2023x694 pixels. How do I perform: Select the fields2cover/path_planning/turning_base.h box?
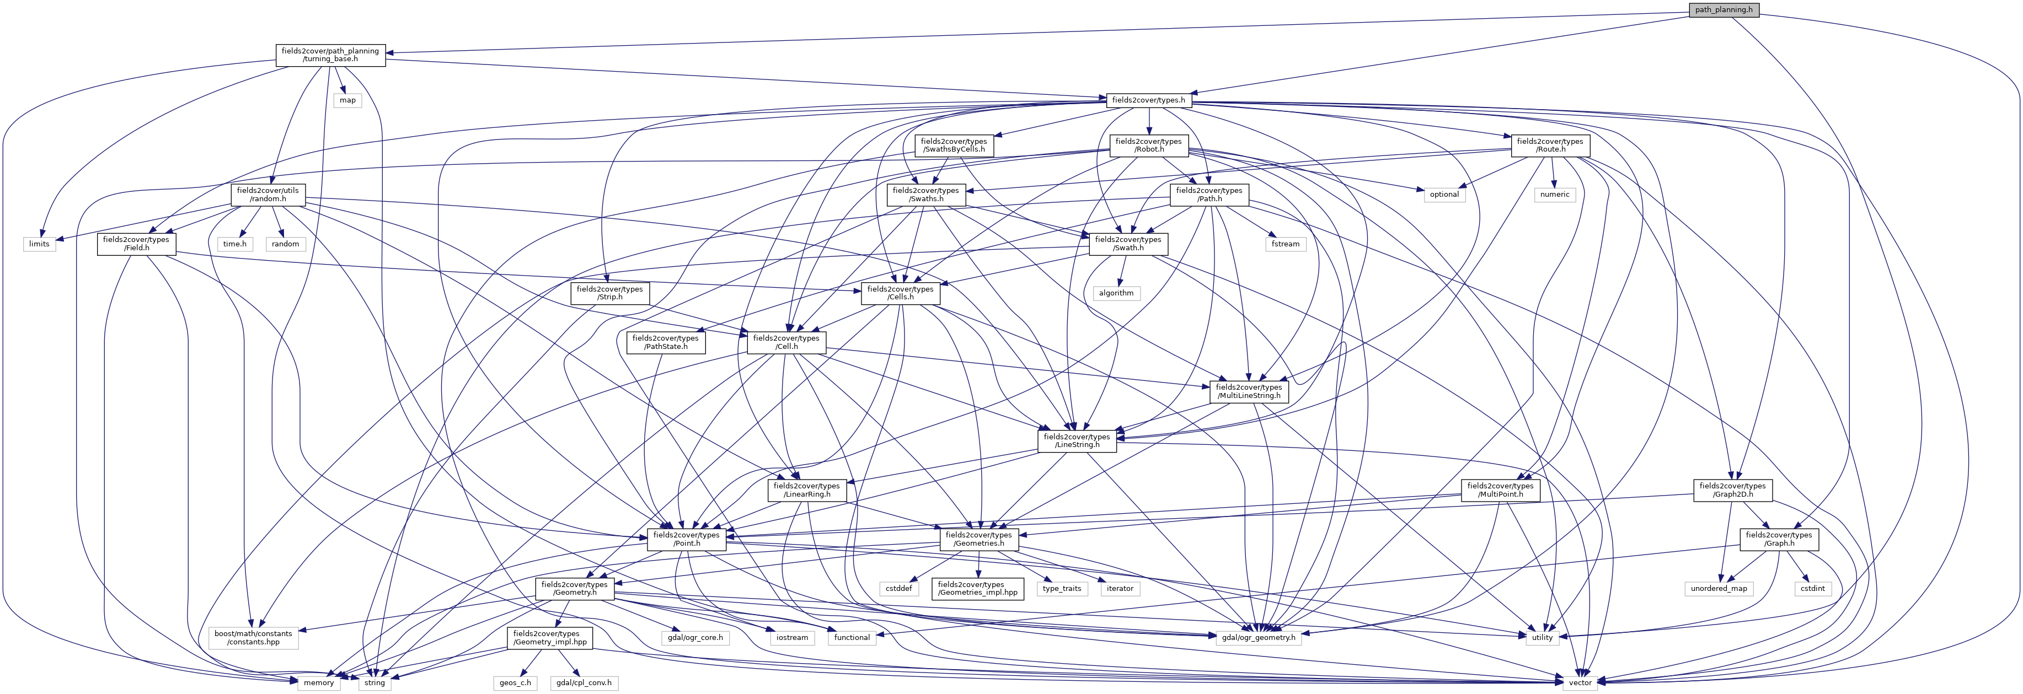(x=330, y=55)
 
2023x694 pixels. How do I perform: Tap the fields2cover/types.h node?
(x=1147, y=100)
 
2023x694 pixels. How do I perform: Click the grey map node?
(x=347, y=100)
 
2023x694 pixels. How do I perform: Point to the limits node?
(x=39, y=244)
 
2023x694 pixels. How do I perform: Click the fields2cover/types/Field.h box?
(x=136, y=244)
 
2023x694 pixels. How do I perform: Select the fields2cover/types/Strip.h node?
(x=609, y=293)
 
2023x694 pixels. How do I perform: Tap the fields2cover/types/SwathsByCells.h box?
(x=954, y=145)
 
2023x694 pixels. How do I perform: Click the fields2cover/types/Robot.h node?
(x=1148, y=145)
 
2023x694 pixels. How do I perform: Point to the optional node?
(x=1443, y=195)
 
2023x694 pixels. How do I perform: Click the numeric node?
(x=1554, y=195)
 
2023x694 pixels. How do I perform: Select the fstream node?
(x=1286, y=244)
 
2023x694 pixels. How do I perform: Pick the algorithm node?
(x=1116, y=293)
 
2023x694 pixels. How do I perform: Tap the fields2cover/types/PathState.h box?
(x=665, y=342)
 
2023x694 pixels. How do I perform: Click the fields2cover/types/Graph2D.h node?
(x=1732, y=490)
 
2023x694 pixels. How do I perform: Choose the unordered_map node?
(x=1719, y=588)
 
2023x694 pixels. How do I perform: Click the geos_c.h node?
(x=515, y=683)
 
